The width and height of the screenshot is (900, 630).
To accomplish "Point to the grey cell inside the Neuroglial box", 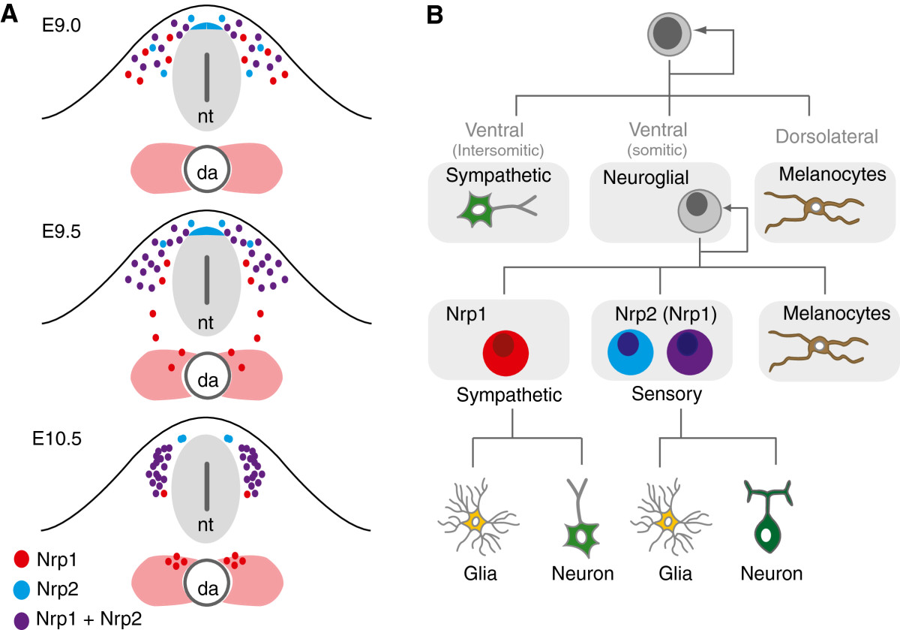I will coord(699,208).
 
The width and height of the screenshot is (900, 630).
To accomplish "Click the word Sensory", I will coord(661,394).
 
